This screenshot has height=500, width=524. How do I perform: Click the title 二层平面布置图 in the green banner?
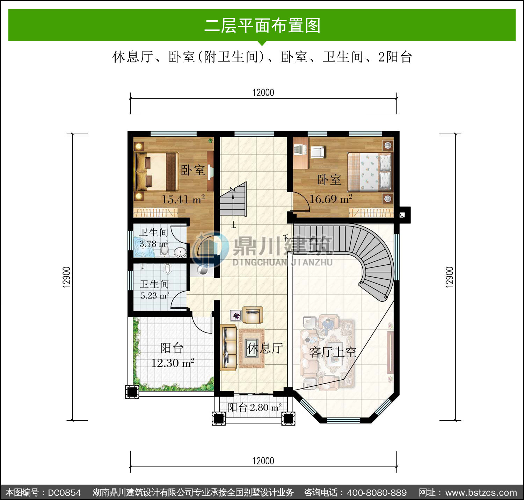click(262, 26)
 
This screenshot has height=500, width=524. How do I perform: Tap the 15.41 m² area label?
click(183, 199)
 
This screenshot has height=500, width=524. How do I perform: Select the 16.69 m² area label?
click(331, 199)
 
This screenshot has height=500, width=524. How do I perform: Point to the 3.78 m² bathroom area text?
click(154, 244)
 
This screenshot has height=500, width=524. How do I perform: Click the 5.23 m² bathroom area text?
click(155, 295)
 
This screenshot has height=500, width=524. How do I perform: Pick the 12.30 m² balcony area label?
click(173, 363)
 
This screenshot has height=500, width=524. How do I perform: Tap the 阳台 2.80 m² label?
click(255, 407)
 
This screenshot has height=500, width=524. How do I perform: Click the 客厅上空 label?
click(333, 352)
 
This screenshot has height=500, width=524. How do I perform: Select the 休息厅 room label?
click(265, 348)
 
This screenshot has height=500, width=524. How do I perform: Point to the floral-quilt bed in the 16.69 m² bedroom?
click(370, 172)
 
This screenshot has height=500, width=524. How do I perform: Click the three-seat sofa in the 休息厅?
click(228, 348)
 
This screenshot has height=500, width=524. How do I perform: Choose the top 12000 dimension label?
click(263, 93)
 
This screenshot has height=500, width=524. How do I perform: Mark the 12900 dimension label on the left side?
click(66, 277)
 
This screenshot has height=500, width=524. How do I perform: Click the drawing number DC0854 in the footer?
click(65, 492)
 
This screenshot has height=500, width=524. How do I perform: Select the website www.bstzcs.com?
click(481, 492)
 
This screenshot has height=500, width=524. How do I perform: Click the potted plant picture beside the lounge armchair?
click(236, 315)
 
